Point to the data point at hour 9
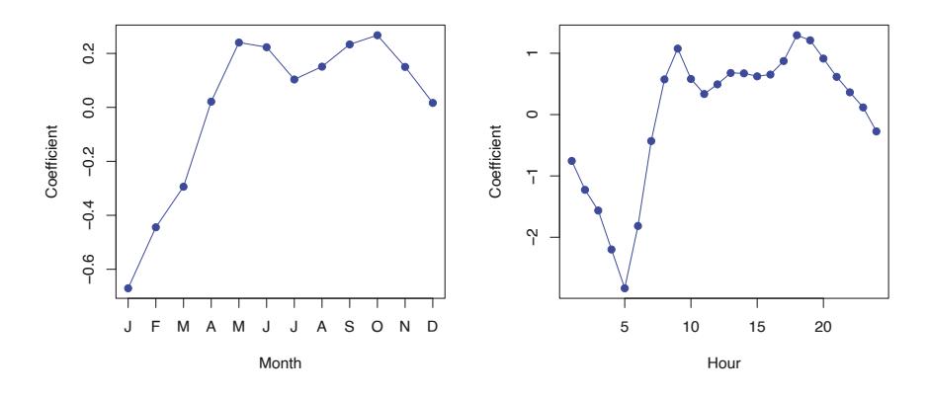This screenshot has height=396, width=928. point(678,47)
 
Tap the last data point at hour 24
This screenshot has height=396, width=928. point(877,131)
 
